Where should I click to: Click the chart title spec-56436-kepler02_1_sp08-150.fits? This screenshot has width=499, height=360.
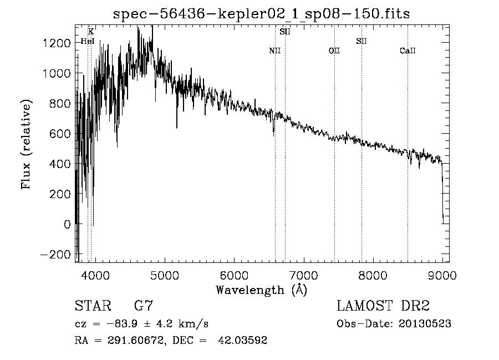pos(261,14)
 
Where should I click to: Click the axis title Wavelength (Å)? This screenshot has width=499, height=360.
pos(261,290)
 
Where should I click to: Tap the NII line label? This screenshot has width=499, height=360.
pos(275,51)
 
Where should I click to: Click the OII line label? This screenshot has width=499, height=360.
pos(334,51)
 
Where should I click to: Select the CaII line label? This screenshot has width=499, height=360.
pos(408,51)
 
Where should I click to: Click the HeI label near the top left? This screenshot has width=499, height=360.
pos(88,41)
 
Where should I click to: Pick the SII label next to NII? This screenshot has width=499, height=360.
pos(285,32)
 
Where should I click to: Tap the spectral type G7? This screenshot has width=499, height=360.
pos(144,306)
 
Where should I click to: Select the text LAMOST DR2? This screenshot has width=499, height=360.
pos(383,306)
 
